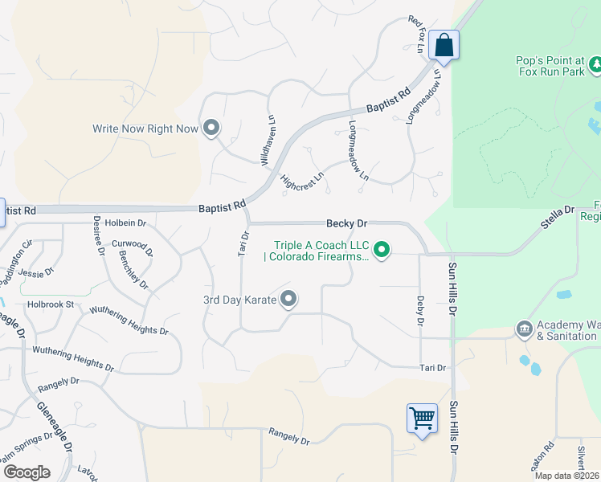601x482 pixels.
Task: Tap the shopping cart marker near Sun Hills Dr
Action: (x=422, y=418)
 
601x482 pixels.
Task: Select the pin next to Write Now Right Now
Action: (x=211, y=128)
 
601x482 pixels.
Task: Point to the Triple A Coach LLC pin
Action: (x=382, y=251)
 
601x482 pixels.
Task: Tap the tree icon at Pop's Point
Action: (x=595, y=62)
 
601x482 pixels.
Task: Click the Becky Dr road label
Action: (x=346, y=223)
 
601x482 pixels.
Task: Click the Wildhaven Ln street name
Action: (x=268, y=139)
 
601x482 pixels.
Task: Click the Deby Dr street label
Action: (x=419, y=311)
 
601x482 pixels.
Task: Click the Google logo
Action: (x=26, y=472)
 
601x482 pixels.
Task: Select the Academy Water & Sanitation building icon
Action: (x=524, y=329)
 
